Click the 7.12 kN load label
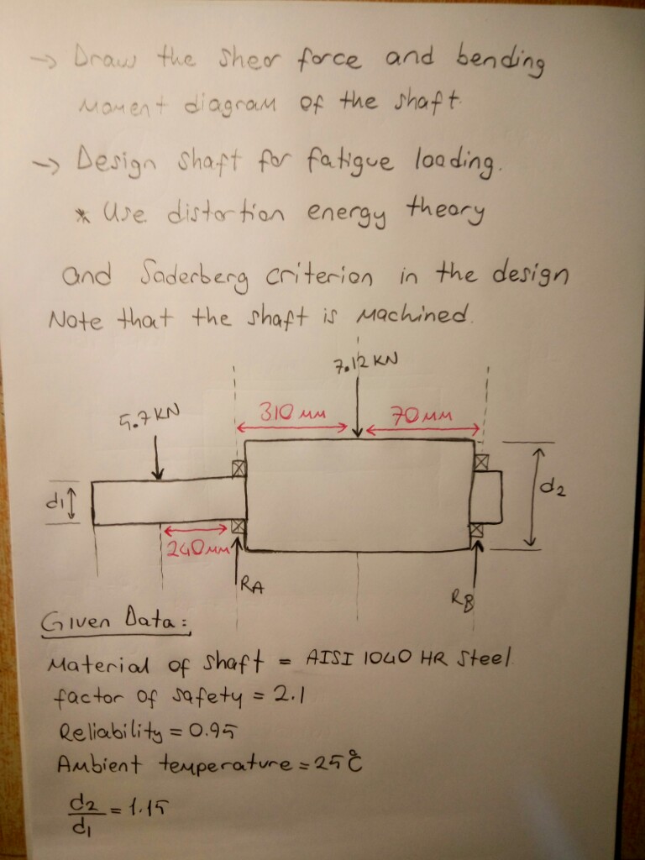364,362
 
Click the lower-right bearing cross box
477,531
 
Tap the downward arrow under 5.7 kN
157,458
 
